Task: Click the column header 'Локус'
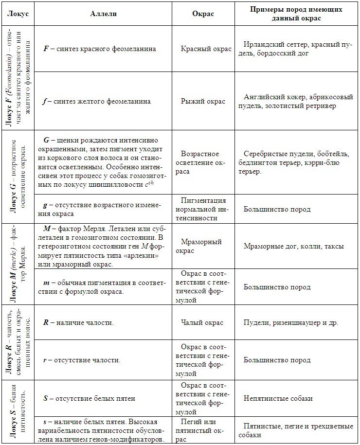[18, 14]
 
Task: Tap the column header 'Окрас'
[203, 14]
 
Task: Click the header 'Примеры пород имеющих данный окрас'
[296, 14]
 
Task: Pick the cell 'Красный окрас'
[203, 49]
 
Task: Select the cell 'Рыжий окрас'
[203, 102]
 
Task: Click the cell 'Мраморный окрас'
[203, 246]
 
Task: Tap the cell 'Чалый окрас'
[203, 322]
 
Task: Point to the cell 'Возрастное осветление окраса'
[203, 162]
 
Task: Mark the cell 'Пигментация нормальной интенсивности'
[203, 209]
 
